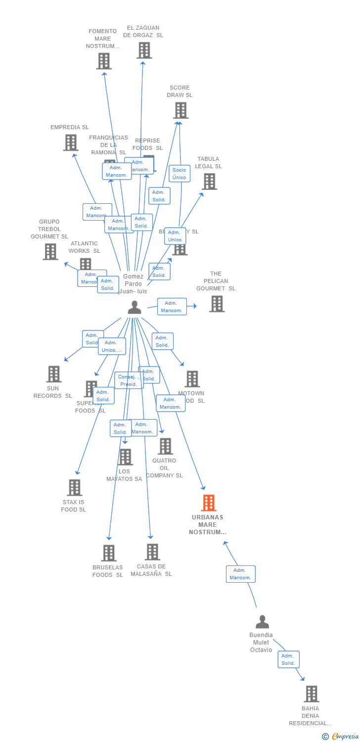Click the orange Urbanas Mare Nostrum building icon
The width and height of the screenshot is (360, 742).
tap(209, 503)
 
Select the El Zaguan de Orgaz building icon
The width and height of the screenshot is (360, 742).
tap(144, 50)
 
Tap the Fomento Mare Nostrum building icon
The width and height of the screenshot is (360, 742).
tap(103, 61)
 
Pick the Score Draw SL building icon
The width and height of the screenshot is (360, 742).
tap(180, 110)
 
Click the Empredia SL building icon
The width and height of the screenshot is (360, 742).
tap(71, 142)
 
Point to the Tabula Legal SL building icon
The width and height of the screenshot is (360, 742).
tap(209, 182)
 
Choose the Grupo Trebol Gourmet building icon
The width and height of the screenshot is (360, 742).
tap(50, 251)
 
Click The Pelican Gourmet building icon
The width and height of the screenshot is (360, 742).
tap(217, 304)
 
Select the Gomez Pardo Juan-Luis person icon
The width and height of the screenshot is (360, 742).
tap(135, 308)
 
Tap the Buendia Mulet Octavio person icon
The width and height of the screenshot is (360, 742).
tap(262, 622)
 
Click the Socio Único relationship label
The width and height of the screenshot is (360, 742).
tap(180, 174)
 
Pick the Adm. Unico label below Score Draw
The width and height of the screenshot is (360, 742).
tap(175, 236)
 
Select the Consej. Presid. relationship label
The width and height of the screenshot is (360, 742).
tap(129, 380)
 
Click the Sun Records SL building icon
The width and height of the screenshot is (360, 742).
tap(53, 374)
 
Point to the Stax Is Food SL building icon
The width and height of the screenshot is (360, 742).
tap(74, 488)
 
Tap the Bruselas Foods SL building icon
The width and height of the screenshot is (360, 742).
tap(108, 553)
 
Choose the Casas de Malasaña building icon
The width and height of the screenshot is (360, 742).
tap(152, 552)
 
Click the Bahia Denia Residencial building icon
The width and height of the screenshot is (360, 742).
tap(311, 694)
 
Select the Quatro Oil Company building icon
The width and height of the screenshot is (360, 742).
tap(165, 446)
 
